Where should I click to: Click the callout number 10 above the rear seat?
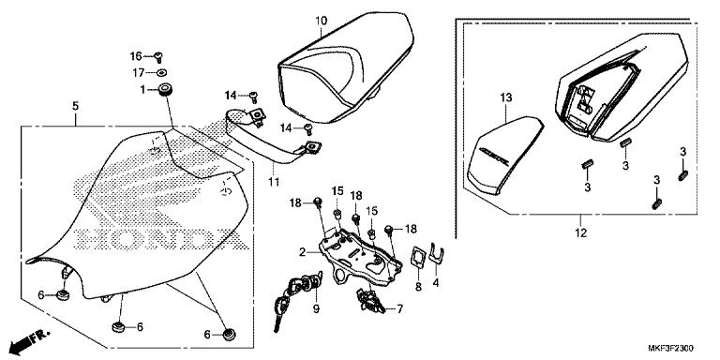tap(321, 20)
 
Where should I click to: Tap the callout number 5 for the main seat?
tap(75, 107)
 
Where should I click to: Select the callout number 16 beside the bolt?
tap(135, 56)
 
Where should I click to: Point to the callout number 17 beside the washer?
tap(136, 72)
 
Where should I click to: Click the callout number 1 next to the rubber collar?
tap(143, 89)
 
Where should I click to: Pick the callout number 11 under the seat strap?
tap(274, 179)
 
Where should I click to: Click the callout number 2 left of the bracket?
tap(302, 251)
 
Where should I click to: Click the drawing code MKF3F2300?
tap(673, 348)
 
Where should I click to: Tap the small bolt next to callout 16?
tap(160, 55)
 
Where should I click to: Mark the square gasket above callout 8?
tap(418, 256)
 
